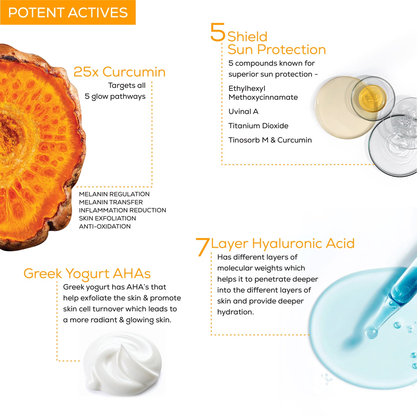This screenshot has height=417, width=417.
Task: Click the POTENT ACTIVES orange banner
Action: coord(68,13)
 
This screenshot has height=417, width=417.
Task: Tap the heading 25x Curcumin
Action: coord(119,72)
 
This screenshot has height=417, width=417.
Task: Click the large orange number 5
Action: coord(218,32)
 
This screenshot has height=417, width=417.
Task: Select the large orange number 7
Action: coord(203,247)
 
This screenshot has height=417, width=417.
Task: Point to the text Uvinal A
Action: coord(243,111)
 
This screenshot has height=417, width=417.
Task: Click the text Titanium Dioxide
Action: coord(258,126)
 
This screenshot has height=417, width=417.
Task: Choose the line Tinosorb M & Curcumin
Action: coord(270,140)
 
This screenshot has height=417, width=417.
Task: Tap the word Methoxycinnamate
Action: coord(263,97)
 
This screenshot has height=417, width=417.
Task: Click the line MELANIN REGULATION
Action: coord(114,194)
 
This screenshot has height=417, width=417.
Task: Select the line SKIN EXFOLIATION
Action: coord(107,218)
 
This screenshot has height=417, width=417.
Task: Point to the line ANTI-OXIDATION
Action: coord(105,227)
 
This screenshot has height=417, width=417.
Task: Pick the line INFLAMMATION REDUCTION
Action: coord(122,210)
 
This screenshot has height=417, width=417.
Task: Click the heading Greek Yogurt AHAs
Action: coord(87,274)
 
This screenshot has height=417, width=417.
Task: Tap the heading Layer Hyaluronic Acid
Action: coord(283,244)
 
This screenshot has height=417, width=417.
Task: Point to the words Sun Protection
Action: coord(277,50)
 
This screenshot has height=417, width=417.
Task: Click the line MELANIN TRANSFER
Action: coord(111,202)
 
